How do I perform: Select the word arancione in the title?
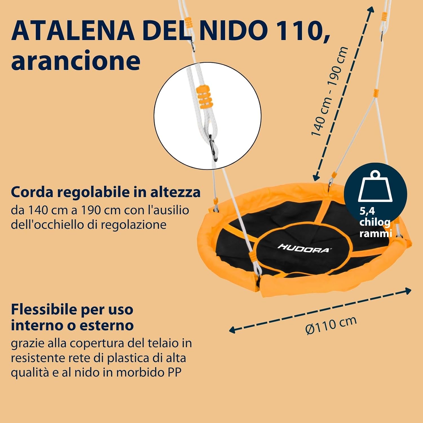point(76,61)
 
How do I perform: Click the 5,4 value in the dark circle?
point(367,211)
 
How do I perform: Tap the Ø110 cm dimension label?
point(331,325)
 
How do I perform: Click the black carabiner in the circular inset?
point(213,148)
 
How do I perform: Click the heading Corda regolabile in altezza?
point(105,192)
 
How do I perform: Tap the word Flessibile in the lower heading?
point(44,310)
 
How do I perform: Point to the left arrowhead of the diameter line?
point(232,329)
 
